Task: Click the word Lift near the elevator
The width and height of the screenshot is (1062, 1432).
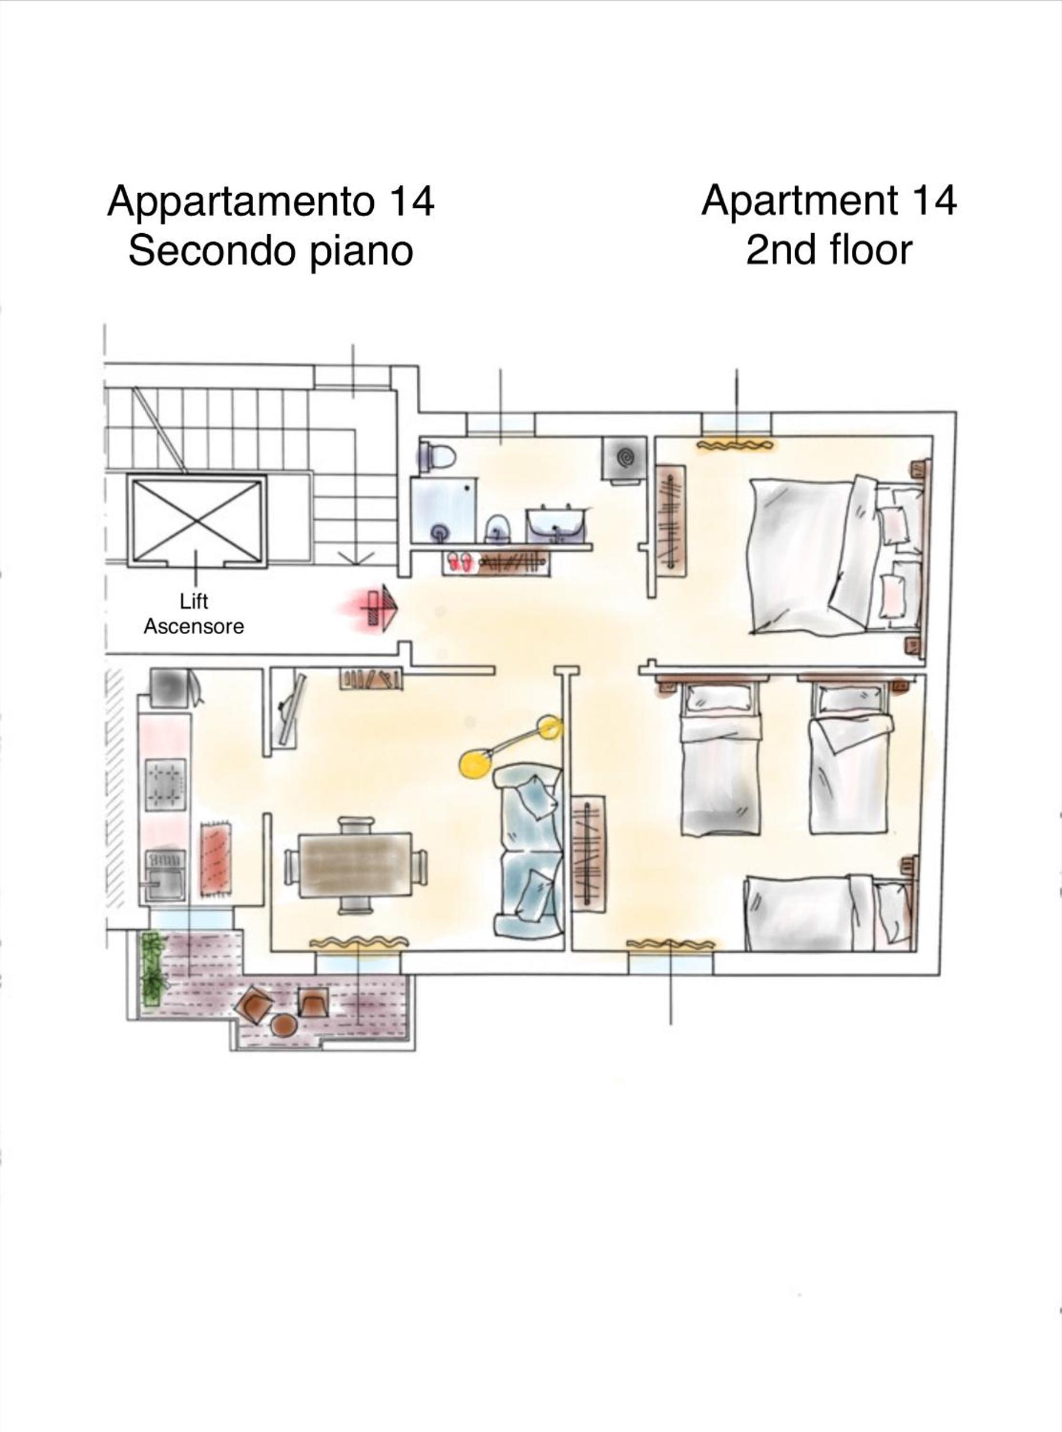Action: coord(194,601)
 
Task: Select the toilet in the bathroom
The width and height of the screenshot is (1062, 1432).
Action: coord(438,457)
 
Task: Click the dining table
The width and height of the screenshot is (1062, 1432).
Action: coord(355,866)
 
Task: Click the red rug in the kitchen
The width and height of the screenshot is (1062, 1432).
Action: coord(216,859)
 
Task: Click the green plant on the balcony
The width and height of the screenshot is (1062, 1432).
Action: coord(153,971)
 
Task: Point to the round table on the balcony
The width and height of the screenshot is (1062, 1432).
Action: coord(283,1024)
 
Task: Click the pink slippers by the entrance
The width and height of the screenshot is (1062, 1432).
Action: coord(460,561)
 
